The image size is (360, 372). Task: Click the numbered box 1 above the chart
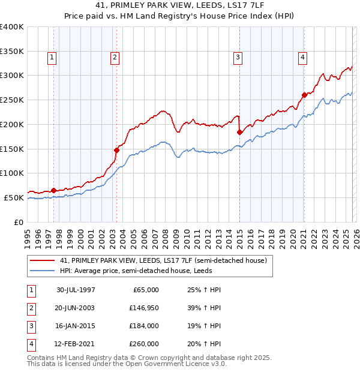(x=52, y=58)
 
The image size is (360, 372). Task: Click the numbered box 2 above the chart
(x=114, y=58)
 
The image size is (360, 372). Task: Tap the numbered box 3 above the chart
(x=238, y=58)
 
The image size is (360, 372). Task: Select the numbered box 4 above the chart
(x=302, y=58)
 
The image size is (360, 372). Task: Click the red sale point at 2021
(x=304, y=95)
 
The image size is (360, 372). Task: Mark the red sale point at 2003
(x=116, y=150)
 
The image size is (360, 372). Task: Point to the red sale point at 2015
(x=239, y=132)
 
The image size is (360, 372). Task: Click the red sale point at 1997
(x=54, y=190)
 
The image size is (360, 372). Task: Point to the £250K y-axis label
(x=12, y=100)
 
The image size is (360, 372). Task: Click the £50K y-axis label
(x=14, y=197)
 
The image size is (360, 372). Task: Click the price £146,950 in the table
(x=144, y=307)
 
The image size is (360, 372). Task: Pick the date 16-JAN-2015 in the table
(x=76, y=326)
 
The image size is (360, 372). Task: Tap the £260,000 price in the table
(x=144, y=344)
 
